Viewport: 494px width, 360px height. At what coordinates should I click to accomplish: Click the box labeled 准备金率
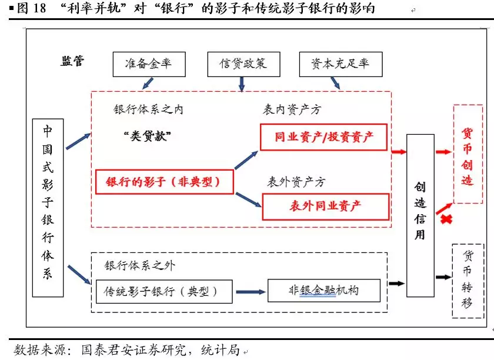pos(148,64)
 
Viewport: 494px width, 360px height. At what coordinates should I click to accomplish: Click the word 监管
pos(73,62)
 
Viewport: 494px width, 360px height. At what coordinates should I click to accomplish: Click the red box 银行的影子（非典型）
pos(164,182)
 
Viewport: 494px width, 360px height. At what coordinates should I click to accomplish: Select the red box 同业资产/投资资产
pos(324,137)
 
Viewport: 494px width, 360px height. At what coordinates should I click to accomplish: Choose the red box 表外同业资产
pos(326,206)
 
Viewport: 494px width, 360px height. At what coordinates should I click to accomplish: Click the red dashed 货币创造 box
pos(468,154)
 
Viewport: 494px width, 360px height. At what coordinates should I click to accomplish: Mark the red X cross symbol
pos(446,219)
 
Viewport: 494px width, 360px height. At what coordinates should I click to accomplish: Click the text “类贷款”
pos(147,136)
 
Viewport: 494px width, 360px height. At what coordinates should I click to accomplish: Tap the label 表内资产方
pos(292,109)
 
